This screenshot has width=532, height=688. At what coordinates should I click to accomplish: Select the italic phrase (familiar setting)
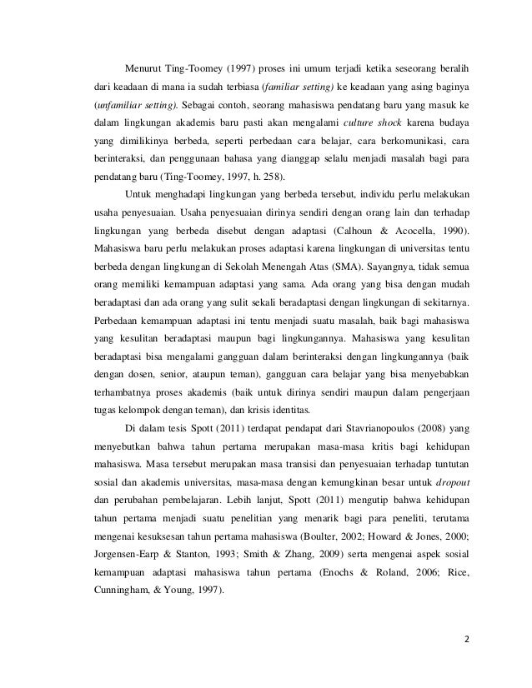(305, 87)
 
